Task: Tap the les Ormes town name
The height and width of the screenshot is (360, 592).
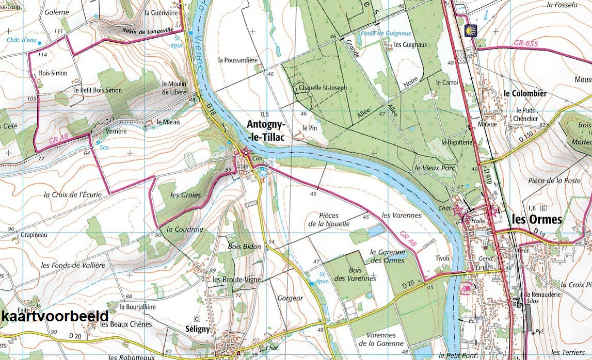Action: click(x=536, y=219)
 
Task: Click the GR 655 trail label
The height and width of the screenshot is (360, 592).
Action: click(x=526, y=44)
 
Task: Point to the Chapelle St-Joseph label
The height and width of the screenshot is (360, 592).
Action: click(x=323, y=88)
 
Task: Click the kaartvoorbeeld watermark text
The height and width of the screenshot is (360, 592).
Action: click(x=55, y=316)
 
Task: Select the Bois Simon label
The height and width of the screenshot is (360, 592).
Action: click(x=53, y=73)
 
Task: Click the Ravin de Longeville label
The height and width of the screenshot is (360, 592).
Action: click(x=147, y=31)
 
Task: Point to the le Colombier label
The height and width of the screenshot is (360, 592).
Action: click(x=525, y=93)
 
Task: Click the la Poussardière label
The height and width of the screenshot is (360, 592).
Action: click(x=237, y=60)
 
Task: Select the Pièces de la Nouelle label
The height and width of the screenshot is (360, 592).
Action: click(x=329, y=220)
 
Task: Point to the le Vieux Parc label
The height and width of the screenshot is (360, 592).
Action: click(x=432, y=168)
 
